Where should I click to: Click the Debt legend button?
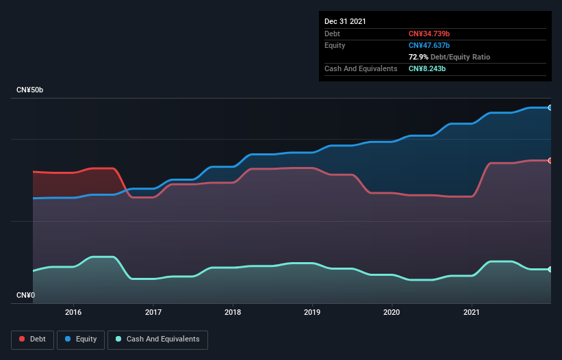(32, 339)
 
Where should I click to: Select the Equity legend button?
(81, 339)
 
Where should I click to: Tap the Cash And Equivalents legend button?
(157, 339)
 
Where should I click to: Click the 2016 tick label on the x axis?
(73, 312)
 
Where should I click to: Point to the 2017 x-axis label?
(153, 312)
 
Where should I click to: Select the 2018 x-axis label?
(233, 312)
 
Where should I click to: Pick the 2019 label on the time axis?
(312, 312)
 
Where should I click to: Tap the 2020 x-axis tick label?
(392, 312)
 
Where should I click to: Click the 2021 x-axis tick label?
(472, 312)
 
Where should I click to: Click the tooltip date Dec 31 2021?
(345, 21)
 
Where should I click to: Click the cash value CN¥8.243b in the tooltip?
(428, 68)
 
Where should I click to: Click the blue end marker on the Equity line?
(550, 107)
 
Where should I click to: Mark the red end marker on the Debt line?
(550, 160)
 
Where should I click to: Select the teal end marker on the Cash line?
(550, 269)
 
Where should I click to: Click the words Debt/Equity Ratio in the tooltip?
(460, 57)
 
